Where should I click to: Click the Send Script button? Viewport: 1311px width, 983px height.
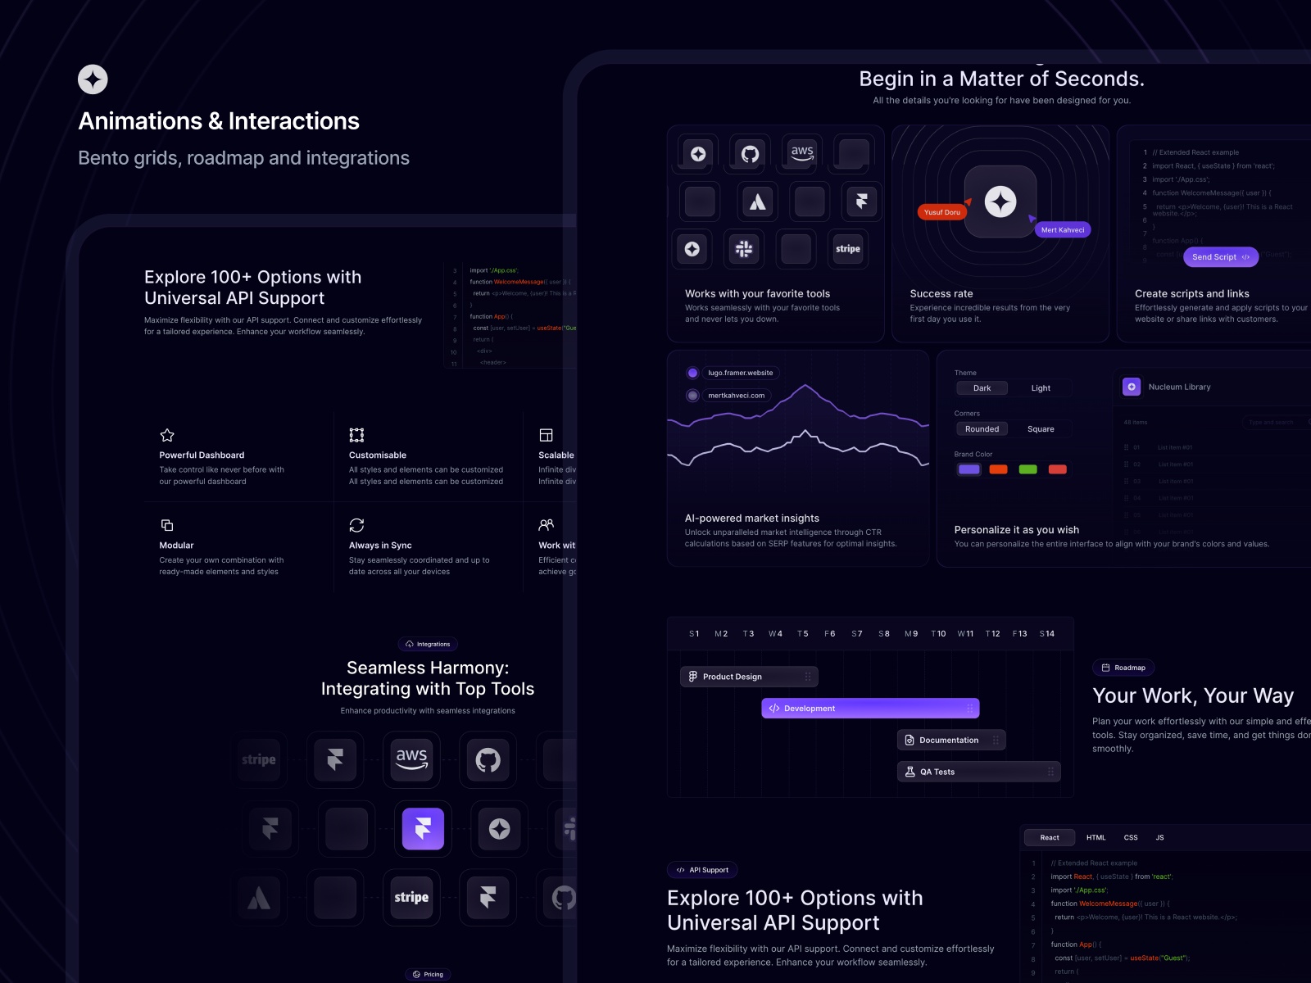tap(1220, 257)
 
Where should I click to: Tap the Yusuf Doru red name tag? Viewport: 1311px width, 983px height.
tap(941, 212)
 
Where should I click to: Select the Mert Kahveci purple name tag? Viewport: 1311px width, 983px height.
tap(1062, 230)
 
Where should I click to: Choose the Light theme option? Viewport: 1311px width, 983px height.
tap(1041, 388)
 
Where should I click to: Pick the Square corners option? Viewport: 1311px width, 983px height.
tap(1041, 429)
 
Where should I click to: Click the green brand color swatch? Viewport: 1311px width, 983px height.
tap(1027, 469)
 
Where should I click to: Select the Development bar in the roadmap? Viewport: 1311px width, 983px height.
tap(869, 709)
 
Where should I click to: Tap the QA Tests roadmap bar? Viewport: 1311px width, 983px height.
tap(978, 772)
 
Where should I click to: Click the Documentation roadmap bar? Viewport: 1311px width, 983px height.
tap(950, 741)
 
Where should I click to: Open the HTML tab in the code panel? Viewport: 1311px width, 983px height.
tap(1096, 837)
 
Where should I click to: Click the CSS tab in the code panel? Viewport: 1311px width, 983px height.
tap(1131, 837)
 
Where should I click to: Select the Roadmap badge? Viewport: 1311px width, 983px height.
tap(1123, 668)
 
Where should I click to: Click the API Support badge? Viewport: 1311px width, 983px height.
tap(702, 870)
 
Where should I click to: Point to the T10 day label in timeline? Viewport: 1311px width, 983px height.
tap(938, 634)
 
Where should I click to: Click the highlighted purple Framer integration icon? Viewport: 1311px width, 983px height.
tap(423, 828)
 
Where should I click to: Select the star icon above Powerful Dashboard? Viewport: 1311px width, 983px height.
tap(167, 435)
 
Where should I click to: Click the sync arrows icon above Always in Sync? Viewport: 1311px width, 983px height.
tap(356, 525)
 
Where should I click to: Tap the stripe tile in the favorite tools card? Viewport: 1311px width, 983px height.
tap(847, 249)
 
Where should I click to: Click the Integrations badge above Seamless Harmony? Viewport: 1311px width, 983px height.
tap(428, 644)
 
